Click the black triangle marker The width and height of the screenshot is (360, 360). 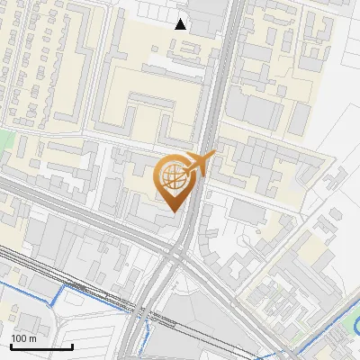181,24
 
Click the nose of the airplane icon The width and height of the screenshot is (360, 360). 213,156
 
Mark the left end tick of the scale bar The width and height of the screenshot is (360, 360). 11,346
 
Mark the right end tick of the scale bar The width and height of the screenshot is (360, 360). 72,346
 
